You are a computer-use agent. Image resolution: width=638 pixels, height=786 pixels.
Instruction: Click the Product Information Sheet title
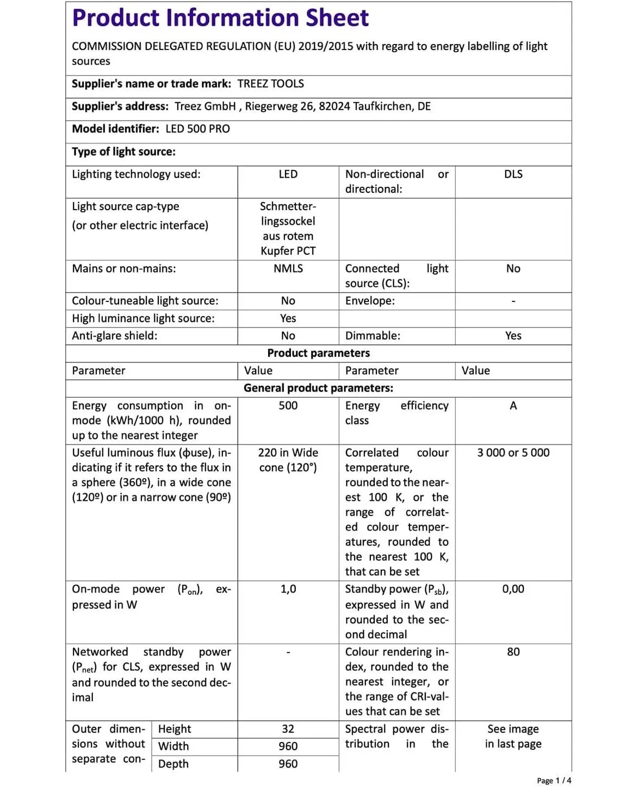[220, 18]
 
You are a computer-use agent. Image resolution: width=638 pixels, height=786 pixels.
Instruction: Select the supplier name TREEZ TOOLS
[270, 84]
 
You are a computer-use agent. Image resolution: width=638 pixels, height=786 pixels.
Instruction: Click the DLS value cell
[513, 174]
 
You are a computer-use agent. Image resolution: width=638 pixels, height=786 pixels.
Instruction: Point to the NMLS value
[288, 268]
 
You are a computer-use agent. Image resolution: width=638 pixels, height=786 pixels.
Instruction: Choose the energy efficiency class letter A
[513, 406]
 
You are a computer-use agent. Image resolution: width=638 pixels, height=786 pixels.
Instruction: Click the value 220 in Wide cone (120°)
[288, 460]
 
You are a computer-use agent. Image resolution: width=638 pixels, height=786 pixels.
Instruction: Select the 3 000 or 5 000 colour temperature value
[513, 452]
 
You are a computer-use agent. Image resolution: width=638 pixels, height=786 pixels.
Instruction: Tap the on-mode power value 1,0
[288, 589]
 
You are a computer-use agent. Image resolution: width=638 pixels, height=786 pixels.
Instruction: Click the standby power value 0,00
[513, 589]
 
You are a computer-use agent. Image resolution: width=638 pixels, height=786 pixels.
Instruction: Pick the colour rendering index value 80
[513, 652]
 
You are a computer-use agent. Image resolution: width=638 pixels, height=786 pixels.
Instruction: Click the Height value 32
[288, 729]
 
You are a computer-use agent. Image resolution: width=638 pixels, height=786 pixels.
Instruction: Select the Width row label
[174, 746]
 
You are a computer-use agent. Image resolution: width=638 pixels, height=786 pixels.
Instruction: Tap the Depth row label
[174, 764]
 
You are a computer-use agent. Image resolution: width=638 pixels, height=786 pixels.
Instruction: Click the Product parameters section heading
[318, 353]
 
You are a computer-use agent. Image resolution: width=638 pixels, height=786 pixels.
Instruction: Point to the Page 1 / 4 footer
[554, 781]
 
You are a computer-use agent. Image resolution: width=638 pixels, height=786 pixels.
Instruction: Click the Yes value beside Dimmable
[513, 336]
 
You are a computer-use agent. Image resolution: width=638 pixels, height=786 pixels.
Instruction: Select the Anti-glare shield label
[115, 336]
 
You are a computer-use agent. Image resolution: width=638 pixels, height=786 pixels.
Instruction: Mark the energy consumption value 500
[288, 406]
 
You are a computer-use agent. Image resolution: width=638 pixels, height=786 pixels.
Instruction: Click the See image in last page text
[513, 736]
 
